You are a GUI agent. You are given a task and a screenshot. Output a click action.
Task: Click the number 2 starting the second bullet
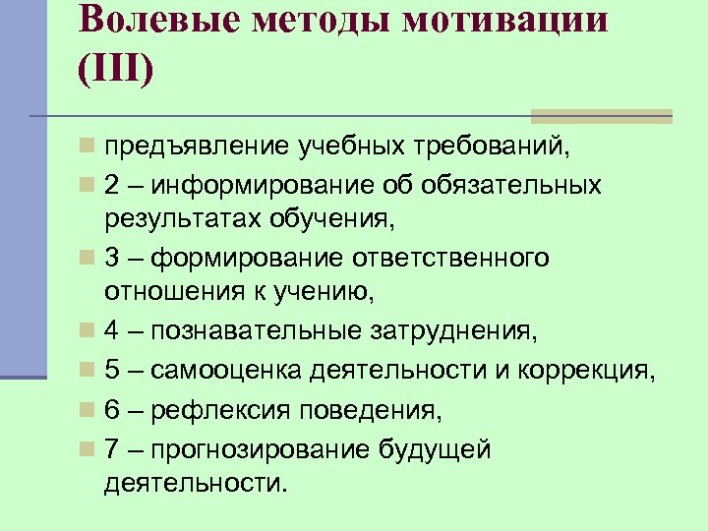point(112,185)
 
